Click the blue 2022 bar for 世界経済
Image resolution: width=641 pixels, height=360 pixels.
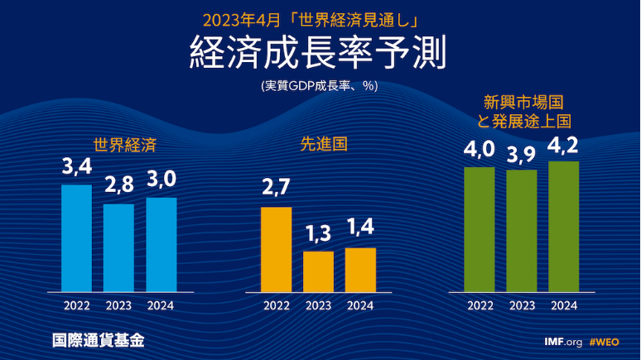click(x=77, y=238)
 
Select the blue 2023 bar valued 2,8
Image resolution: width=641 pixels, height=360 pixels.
click(x=118, y=247)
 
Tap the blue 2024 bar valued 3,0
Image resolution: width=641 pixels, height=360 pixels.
click(x=161, y=244)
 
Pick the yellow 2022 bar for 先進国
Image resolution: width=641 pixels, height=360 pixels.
click(x=276, y=249)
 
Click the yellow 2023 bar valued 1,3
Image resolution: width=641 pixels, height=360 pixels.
click(x=318, y=271)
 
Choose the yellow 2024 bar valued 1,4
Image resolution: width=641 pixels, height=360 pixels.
click(x=360, y=270)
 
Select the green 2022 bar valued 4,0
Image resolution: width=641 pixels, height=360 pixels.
click(x=480, y=229)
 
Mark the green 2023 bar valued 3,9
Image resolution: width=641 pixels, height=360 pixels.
click(x=522, y=231)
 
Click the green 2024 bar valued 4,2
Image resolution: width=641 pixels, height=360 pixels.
click(x=564, y=226)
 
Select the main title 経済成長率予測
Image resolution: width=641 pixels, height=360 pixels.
click(x=320, y=53)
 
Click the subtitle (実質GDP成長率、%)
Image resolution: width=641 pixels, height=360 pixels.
click(x=320, y=85)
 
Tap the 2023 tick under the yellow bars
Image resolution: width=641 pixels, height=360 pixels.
click(x=318, y=305)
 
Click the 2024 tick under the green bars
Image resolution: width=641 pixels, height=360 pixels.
click(x=564, y=305)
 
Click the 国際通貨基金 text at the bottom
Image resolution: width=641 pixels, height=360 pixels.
click(x=91, y=340)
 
